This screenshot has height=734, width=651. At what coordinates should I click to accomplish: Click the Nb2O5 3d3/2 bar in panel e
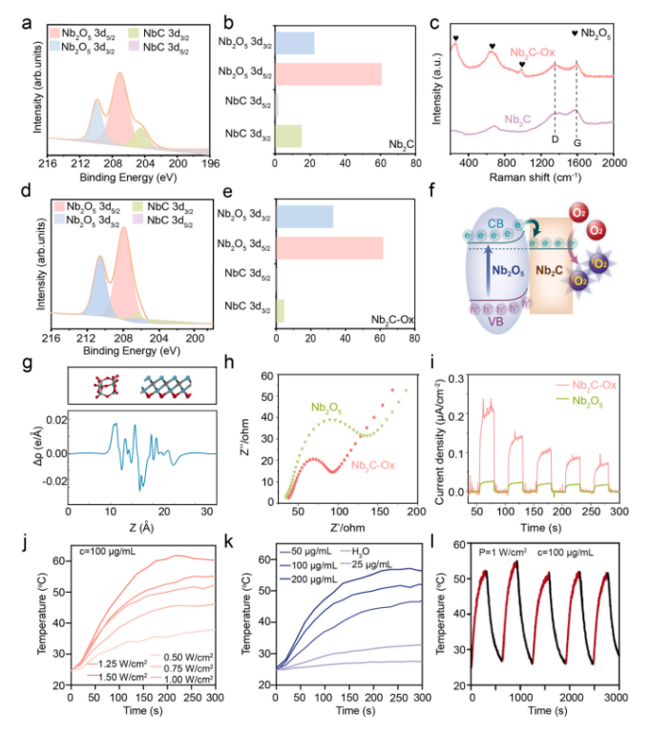pyautogui.click(x=304, y=217)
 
